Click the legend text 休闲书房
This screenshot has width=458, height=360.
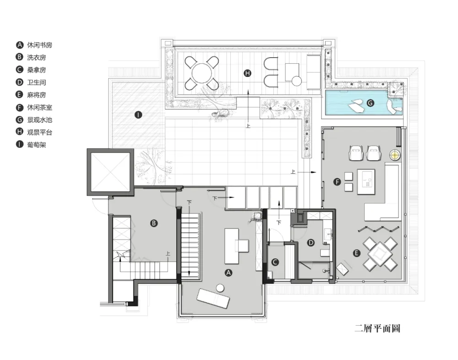(x=39, y=45)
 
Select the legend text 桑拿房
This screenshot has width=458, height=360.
(x=37, y=70)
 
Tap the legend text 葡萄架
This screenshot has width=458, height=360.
(x=37, y=145)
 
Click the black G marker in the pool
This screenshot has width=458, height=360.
(x=371, y=103)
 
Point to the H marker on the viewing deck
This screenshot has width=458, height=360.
(x=247, y=73)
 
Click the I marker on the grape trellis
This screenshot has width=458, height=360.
(x=138, y=115)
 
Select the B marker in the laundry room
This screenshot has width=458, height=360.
(x=153, y=224)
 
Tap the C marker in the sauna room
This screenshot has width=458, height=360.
(x=275, y=262)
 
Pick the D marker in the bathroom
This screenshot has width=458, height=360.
(x=311, y=243)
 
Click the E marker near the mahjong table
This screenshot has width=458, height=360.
(x=356, y=253)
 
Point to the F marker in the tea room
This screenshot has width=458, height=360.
(x=338, y=182)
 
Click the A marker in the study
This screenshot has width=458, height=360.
(x=229, y=273)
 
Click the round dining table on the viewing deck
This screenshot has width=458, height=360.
(x=202, y=73)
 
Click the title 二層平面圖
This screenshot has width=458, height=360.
(x=377, y=328)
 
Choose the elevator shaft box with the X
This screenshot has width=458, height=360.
(x=110, y=172)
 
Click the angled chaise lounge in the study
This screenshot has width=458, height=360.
(x=213, y=298)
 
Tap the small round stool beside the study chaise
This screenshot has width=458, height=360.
(x=220, y=288)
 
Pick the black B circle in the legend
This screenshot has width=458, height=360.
(x=19, y=57)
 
